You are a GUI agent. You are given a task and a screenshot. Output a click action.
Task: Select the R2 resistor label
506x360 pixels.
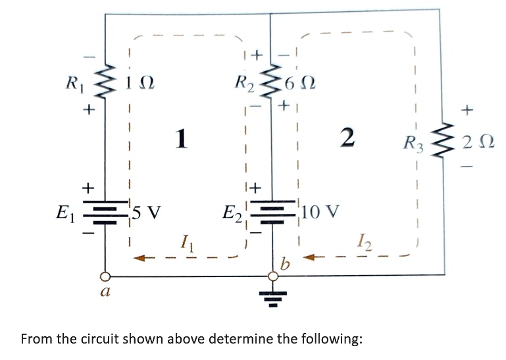click(244, 84)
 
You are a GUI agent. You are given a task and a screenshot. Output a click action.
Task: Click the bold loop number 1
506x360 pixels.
click(183, 138)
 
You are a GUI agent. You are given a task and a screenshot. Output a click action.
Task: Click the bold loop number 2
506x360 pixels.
click(348, 138)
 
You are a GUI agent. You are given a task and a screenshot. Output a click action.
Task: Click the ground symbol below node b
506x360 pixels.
click(270, 298)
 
